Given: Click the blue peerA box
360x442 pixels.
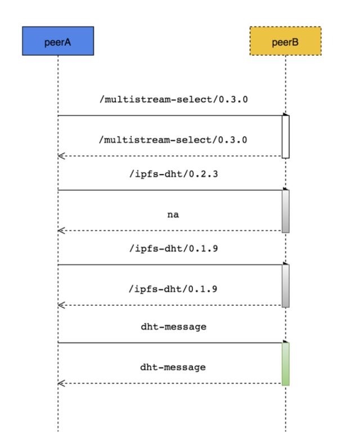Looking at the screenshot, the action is point(58,41).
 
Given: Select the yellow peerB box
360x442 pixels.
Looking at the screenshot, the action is point(285,41).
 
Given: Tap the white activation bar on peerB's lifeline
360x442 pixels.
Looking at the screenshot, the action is point(286,137).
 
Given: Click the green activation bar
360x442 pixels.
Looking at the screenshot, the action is point(286,364).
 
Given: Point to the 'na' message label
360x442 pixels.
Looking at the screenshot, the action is point(173,215).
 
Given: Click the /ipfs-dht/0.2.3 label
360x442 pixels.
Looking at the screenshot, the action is point(173,174).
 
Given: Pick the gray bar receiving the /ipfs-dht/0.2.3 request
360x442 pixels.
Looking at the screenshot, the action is point(286,211).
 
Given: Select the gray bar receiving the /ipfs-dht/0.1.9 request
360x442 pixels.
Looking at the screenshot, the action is point(286,286).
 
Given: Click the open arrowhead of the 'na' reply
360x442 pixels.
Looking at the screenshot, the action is point(61,231).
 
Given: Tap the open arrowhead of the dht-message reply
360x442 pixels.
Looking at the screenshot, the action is point(61,383).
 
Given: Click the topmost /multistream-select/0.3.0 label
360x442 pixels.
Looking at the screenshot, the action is point(173,100).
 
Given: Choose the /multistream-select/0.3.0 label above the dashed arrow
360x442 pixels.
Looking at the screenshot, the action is point(173,140).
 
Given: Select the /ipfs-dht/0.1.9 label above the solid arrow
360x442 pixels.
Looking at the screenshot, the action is point(173,248).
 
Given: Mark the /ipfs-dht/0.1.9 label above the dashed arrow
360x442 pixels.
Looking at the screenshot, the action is point(173,289).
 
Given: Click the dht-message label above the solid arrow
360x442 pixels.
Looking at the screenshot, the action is point(173,327).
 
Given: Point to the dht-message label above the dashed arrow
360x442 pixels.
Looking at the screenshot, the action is point(173,367).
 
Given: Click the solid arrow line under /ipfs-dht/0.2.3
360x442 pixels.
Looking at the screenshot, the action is point(170,190).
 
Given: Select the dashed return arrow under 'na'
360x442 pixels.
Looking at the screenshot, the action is point(170,231).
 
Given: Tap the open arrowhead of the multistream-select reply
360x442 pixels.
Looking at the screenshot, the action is point(61,156).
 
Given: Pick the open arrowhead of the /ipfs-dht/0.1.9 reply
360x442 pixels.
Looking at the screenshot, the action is point(61,305).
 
